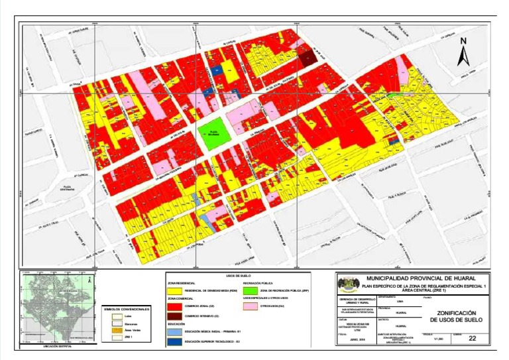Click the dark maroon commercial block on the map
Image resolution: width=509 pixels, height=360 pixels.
click(306, 56)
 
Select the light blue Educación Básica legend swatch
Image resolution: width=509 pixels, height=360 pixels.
click(174, 330)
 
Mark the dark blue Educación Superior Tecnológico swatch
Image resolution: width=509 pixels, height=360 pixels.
click(174, 341)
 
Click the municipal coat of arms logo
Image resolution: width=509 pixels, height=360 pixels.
click(345, 284)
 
